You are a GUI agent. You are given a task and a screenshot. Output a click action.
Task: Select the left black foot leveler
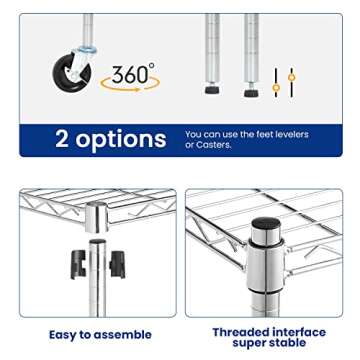click(212, 90)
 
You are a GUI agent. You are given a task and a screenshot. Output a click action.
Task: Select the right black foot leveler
click(251, 92)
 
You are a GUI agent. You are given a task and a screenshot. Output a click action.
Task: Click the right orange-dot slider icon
click(291, 81)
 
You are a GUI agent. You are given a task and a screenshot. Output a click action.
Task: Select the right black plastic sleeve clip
click(116, 264)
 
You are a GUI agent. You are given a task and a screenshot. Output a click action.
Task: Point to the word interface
click(299, 331)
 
